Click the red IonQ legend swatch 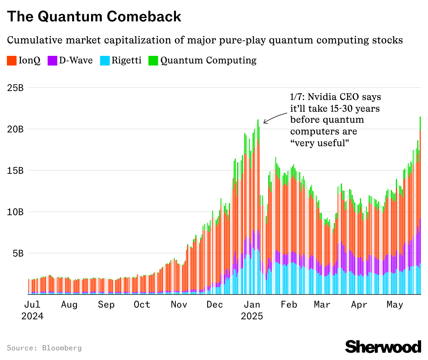tap(12, 61)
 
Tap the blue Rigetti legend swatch tap(105, 61)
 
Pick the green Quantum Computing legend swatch tap(153, 61)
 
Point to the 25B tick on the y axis tap(15, 88)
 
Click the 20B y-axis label tap(15, 129)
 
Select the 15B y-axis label tap(15, 171)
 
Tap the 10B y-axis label tap(15, 212)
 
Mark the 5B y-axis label tap(17, 253)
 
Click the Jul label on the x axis tap(32, 305)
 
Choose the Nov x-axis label tap(179, 305)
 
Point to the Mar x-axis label tap(322, 305)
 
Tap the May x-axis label tap(395, 305)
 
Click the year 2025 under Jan tap(252, 316)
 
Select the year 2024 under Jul tap(32, 316)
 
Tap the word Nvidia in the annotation tap(322, 97)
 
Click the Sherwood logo tap(383, 346)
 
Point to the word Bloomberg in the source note tap(62, 348)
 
